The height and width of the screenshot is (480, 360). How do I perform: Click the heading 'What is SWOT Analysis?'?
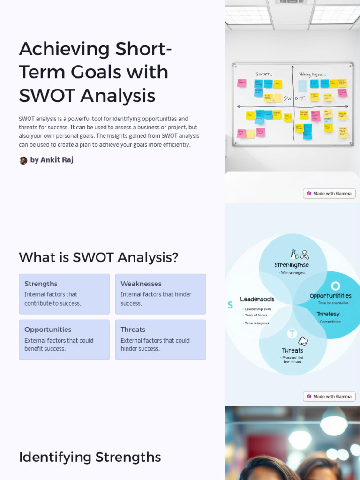pos(98,257)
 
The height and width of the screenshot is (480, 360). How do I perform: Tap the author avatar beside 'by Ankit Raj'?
pos(23,160)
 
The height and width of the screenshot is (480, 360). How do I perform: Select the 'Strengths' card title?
pos(41,284)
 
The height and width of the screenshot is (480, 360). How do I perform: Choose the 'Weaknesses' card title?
pos(141,284)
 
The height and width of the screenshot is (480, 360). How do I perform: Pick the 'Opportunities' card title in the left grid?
pos(48,330)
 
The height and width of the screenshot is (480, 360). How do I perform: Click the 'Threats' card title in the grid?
pos(133,330)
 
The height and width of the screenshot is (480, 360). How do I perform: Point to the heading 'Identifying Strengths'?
pos(90,457)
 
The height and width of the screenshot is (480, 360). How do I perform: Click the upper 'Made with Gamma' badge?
pos(329,193)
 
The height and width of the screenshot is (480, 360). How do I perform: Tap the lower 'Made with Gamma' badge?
pos(329,396)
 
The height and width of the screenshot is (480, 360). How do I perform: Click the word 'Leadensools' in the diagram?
pos(257,299)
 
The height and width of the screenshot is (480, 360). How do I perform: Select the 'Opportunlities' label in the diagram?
pos(330,296)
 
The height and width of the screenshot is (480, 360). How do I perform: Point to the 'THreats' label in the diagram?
pos(292,351)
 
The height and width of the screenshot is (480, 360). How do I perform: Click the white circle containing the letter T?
pos(292,334)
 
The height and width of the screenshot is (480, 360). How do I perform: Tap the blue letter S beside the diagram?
pos(230,305)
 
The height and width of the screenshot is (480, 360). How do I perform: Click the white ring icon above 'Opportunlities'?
pos(335,285)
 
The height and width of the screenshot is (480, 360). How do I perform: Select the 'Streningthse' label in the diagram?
pos(292,265)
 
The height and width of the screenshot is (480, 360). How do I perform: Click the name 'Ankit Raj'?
pos(57,160)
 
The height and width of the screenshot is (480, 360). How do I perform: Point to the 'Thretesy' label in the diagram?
pos(328,314)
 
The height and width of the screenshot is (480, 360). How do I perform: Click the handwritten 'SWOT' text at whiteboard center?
pos(294,98)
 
